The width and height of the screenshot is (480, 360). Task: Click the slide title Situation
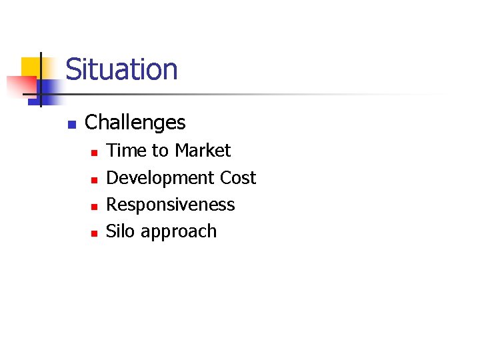click(x=121, y=69)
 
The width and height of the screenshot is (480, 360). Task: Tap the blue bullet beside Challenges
click(x=72, y=124)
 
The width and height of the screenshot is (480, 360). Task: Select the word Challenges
click(x=135, y=123)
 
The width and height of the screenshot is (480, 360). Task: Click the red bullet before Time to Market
click(x=94, y=153)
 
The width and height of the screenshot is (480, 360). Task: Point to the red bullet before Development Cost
click(x=94, y=179)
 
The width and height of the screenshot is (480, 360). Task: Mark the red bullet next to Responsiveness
click(x=94, y=206)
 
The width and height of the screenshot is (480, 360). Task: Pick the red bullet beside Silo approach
click(x=94, y=233)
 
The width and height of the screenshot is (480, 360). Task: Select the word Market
click(x=203, y=151)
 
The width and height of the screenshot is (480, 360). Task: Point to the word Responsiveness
click(x=171, y=205)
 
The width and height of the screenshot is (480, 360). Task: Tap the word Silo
click(x=120, y=231)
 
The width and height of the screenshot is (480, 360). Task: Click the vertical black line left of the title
click(x=41, y=80)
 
